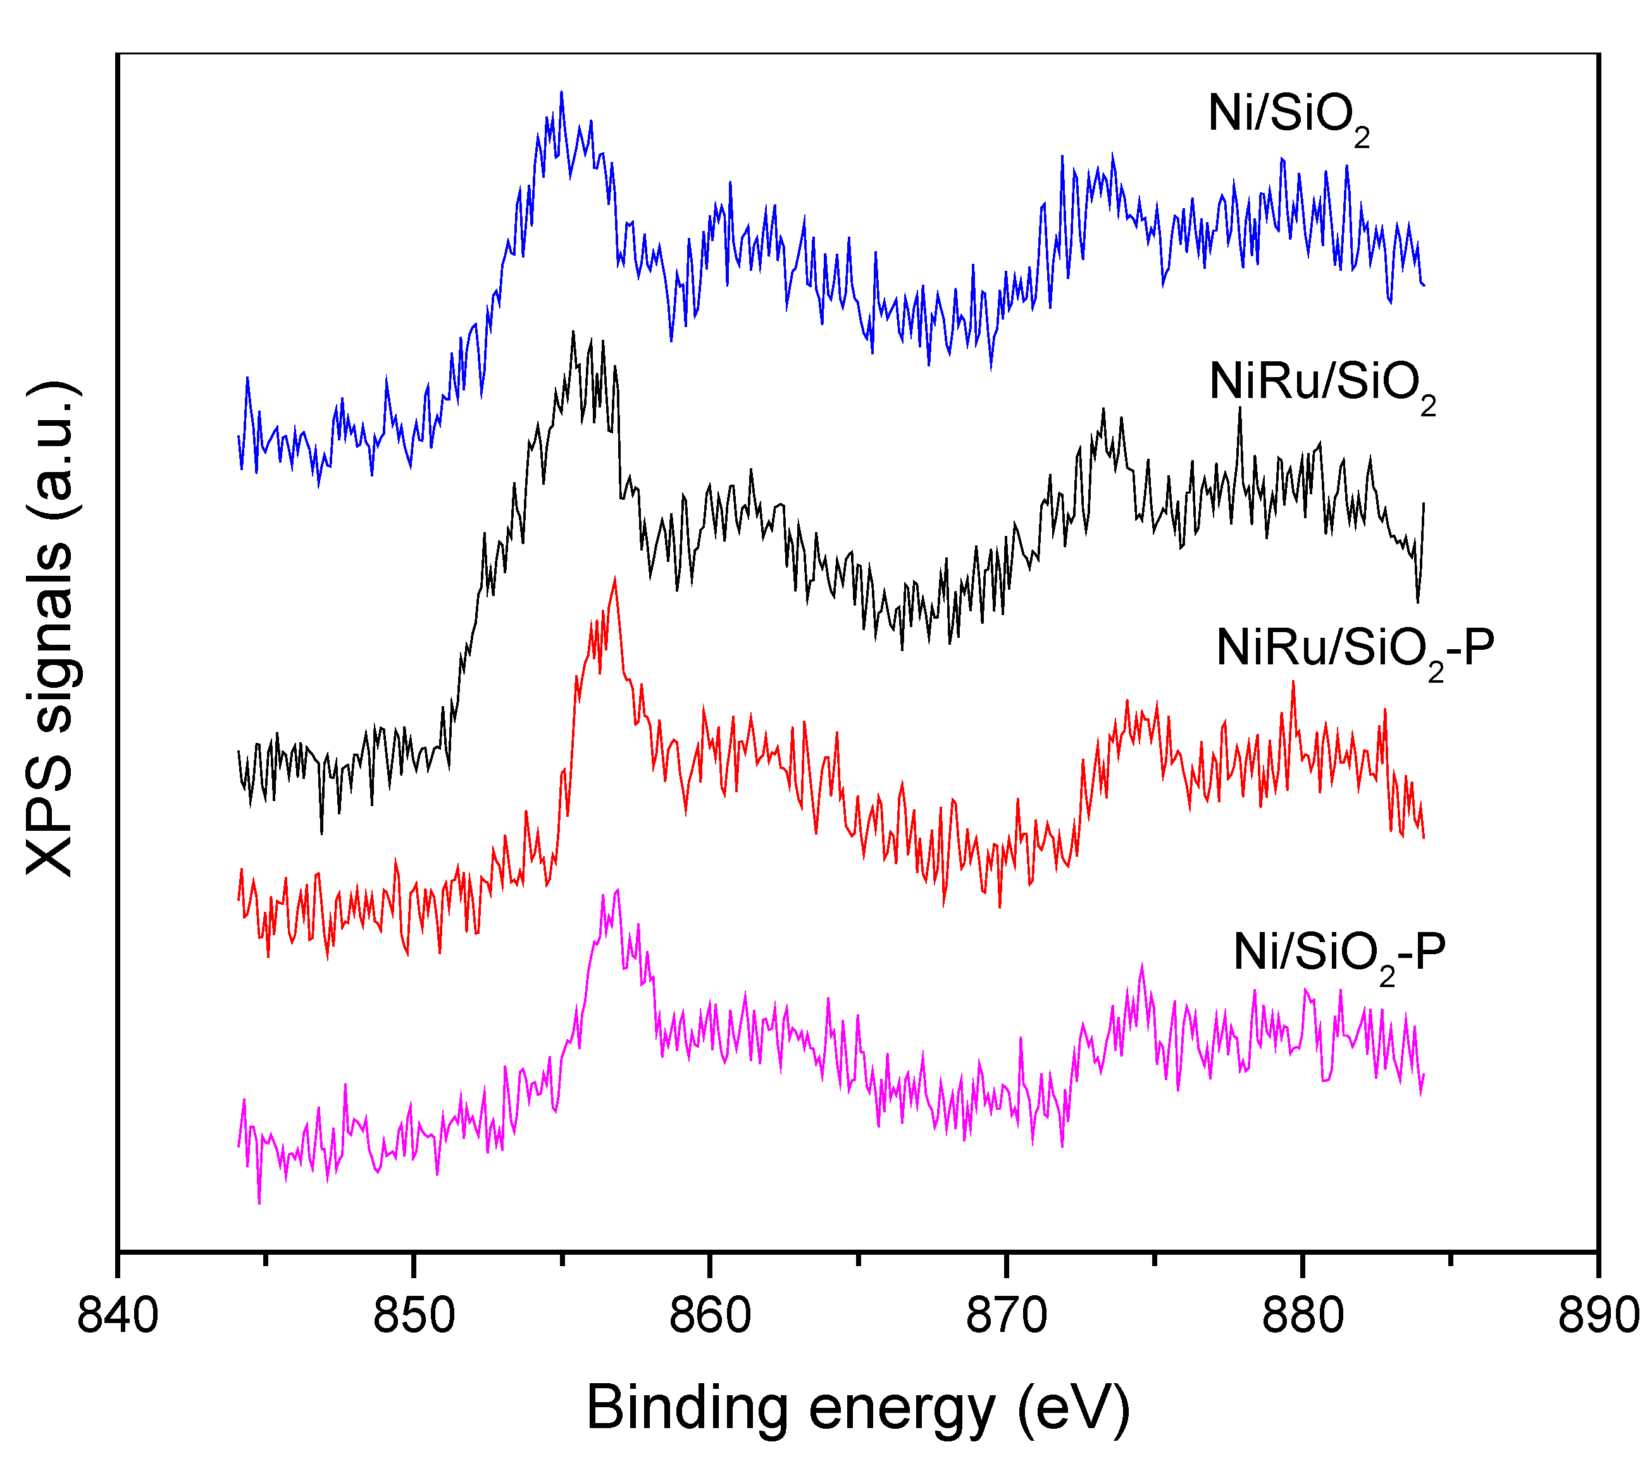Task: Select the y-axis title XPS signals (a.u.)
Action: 50,629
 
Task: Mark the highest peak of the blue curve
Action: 561,93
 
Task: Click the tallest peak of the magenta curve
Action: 618,890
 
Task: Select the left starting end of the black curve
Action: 239,752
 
